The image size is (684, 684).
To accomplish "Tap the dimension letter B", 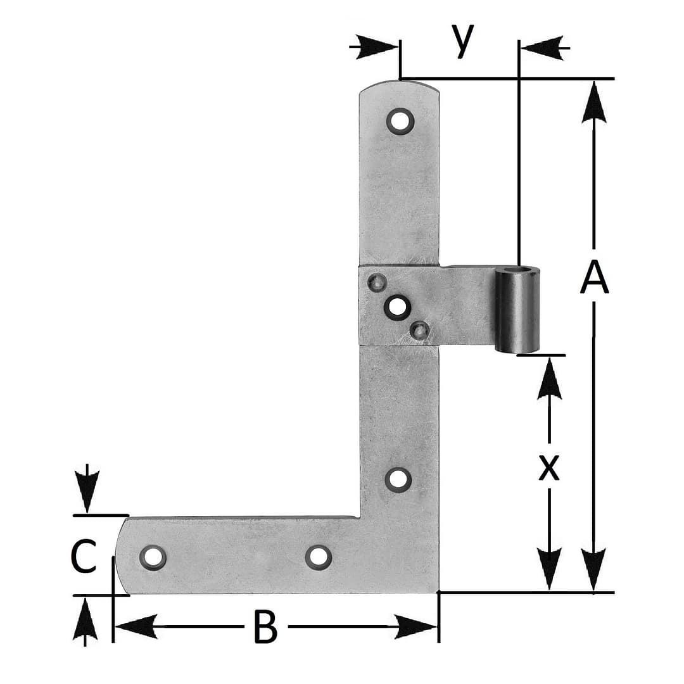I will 265,628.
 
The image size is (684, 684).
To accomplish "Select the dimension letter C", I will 84,557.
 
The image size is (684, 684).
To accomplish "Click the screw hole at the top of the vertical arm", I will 400,120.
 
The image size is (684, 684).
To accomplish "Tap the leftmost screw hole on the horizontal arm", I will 152,557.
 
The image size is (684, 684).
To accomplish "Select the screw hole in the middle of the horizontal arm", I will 318,557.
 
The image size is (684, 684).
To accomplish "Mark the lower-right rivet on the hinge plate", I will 419,329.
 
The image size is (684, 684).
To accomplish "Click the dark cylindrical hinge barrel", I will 517,309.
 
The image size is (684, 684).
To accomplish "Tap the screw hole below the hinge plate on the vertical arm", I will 398,479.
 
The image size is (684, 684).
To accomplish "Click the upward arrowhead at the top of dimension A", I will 593,101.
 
